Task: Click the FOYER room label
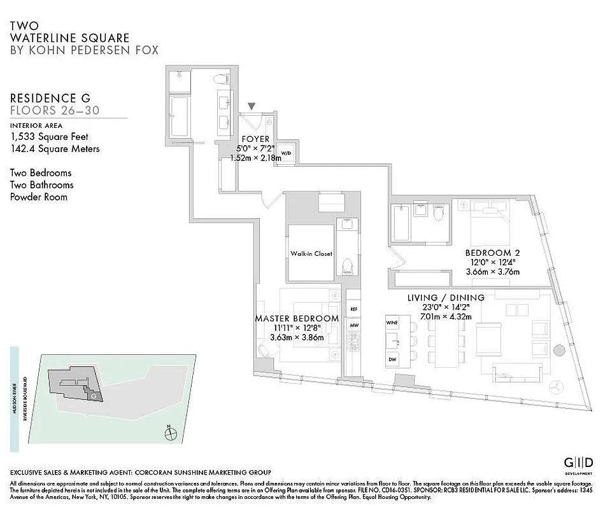pyautogui.click(x=255, y=139)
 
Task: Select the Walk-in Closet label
pyautogui.click(x=311, y=253)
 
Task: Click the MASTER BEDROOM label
pyautogui.click(x=297, y=318)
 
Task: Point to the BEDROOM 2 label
pyautogui.click(x=489, y=251)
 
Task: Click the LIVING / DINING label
pyautogui.click(x=446, y=298)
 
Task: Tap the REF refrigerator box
pyautogui.click(x=354, y=309)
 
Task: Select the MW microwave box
pyautogui.click(x=354, y=324)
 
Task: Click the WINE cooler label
pyautogui.click(x=392, y=323)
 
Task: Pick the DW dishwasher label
pyautogui.click(x=392, y=359)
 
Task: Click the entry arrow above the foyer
pyautogui.click(x=252, y=106)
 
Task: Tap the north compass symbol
pyautogui.click(x=170, y=435)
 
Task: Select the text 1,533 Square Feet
pyautogui.click(x=49, y=136)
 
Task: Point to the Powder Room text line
pyautogui.click(x=39, y=197)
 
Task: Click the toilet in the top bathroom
pyautogui.click(x=220, y=80)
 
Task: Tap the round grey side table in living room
pyautogui.click(x=558, y=350)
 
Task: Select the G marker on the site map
pyautogui.click(x=94, y=395)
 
